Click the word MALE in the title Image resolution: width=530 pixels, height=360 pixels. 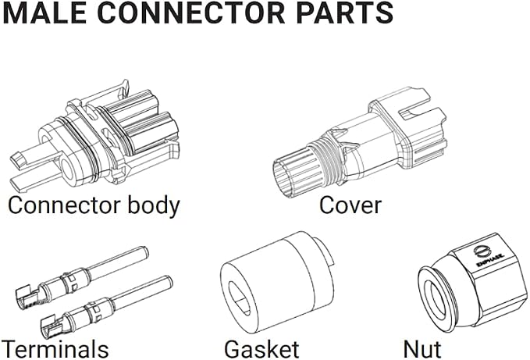46,12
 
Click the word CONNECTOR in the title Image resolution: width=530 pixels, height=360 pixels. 191,12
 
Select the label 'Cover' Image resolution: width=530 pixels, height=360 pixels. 350,205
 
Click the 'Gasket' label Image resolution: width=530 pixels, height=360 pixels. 261,349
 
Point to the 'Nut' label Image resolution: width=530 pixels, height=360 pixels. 422,349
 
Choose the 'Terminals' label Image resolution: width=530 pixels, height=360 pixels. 55,349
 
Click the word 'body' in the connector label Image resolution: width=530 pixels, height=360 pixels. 154,206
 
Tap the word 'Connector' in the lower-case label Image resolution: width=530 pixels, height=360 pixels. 64,205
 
